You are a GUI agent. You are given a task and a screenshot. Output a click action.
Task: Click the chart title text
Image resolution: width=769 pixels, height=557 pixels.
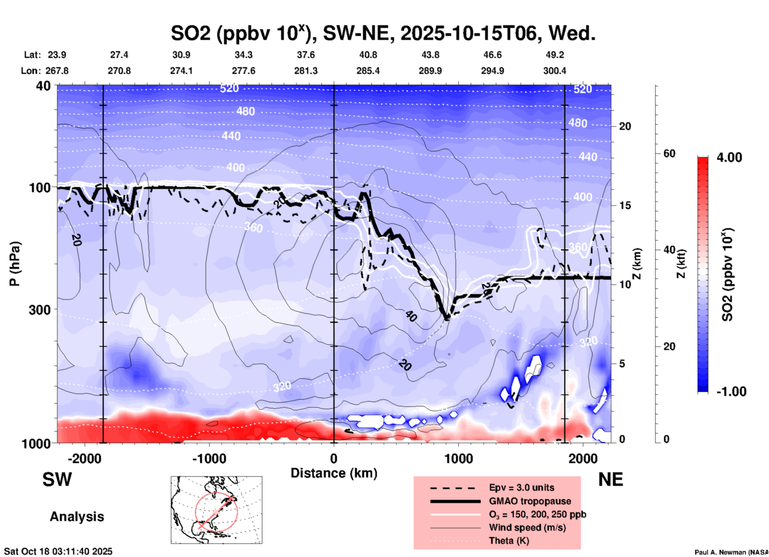383,33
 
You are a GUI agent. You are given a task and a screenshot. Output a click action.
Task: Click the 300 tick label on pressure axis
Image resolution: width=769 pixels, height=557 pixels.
40,310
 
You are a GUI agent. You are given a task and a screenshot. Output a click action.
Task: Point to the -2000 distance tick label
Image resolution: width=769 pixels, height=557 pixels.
84,458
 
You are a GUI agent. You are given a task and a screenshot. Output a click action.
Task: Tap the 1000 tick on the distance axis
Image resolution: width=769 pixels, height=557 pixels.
458,458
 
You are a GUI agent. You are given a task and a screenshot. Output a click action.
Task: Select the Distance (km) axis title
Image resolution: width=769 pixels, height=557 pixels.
334,473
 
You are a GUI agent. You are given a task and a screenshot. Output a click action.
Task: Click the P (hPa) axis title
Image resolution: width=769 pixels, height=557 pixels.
15,264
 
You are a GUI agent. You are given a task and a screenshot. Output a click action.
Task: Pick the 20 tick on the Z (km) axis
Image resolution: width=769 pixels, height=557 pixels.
625,127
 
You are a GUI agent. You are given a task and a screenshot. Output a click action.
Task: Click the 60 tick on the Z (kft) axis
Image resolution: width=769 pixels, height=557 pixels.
669,153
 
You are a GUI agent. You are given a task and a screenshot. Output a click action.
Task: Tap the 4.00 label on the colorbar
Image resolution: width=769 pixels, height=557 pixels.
729,157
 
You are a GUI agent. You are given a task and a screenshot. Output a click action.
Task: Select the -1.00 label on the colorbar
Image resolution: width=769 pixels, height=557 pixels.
731,391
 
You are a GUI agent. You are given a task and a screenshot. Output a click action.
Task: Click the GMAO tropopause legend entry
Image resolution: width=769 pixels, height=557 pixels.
530,501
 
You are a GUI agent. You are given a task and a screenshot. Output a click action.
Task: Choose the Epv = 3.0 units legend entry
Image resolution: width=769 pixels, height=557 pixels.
521,487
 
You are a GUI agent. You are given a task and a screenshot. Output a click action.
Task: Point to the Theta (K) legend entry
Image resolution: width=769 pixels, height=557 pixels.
509,541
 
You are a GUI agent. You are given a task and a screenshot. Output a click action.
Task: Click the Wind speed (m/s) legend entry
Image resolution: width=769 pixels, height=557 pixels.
527,527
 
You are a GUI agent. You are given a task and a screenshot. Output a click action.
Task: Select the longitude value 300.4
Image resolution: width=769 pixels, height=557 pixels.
555,71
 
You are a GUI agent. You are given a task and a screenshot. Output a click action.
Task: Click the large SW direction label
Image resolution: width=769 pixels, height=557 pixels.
57,479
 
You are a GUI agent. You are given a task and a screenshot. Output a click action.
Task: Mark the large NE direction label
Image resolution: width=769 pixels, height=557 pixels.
610,479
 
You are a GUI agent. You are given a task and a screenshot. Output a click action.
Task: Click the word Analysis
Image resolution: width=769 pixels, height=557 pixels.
77,517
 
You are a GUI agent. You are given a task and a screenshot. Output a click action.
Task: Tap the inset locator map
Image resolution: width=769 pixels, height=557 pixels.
216,510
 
